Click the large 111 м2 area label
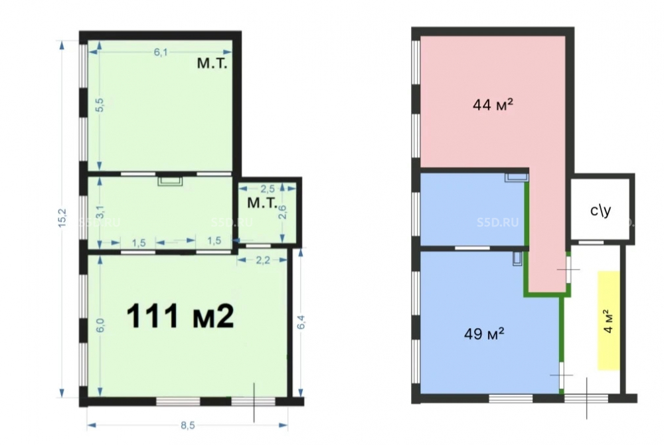pos(180,316)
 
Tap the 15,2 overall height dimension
pos(62,218)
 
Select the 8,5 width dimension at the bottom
pos(188,426)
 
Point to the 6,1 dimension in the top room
pos(161,52)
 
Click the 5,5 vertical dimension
pos(100,104)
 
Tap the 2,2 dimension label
pos(262,260)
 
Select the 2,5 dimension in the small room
pos(267,189)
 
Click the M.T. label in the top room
pos(212,64)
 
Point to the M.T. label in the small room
pos(262,203)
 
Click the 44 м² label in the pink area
pos(493,104)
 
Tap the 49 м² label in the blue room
pos(484,333)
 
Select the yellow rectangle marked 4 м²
pos(609,321)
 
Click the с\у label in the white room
pos(600,211)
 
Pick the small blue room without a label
pos(472,209)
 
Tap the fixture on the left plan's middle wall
pos(170,181)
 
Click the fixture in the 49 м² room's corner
pos(517,258)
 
